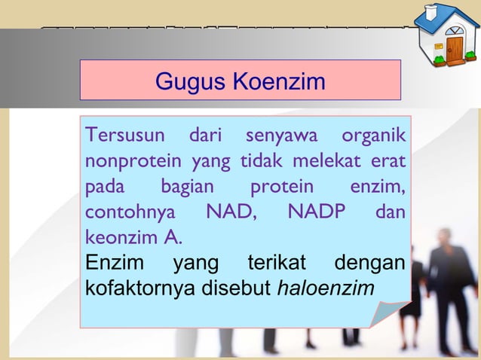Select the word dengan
(x=371, y=264)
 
